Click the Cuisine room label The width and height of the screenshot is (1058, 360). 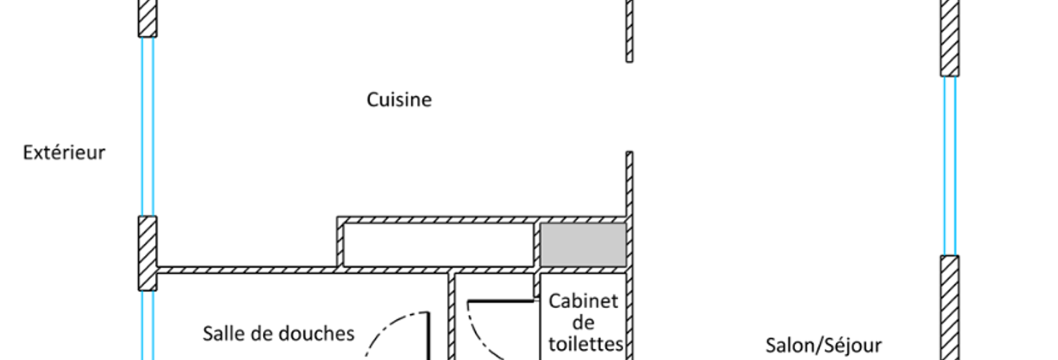click(x=399, y=100)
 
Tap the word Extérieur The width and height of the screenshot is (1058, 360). click(x=64, y=153)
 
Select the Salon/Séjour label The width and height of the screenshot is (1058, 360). click(x=823, y=346)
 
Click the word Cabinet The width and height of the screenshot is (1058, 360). click(x=583, y=301)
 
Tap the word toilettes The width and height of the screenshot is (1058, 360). click(x=586, y=344)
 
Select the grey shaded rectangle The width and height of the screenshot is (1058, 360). click(x=583, y=245)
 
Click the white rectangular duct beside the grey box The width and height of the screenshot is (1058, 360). click(x=438, y=245)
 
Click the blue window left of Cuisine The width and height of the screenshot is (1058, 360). click(x=148, y=127)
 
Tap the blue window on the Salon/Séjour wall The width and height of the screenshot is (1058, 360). click(x=950, y=166)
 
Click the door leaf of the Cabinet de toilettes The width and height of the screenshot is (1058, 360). click(x=501, y=300)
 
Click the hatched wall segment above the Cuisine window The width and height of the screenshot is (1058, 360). click(x=148, y=18)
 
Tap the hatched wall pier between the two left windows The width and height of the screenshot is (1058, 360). click(x=148, y=253)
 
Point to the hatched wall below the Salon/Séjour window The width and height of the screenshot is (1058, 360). click(x=950, y=308)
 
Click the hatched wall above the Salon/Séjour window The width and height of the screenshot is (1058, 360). click(x=950, y=38)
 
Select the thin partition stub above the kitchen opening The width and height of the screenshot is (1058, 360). click(x=629, y=31)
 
